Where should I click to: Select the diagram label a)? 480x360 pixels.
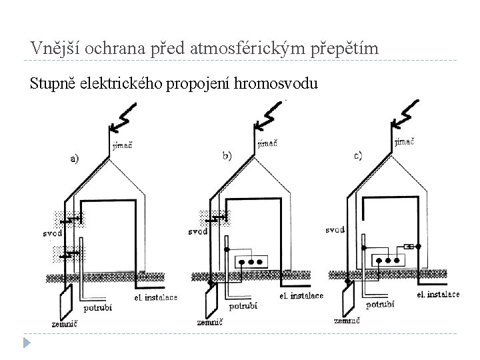(74, 159)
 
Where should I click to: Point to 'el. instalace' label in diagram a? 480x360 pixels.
(155, 297)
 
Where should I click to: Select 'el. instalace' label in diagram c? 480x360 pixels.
(438, 294)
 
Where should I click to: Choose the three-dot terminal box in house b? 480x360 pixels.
(251, 261)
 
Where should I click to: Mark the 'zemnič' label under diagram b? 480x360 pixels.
(210, 323)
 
